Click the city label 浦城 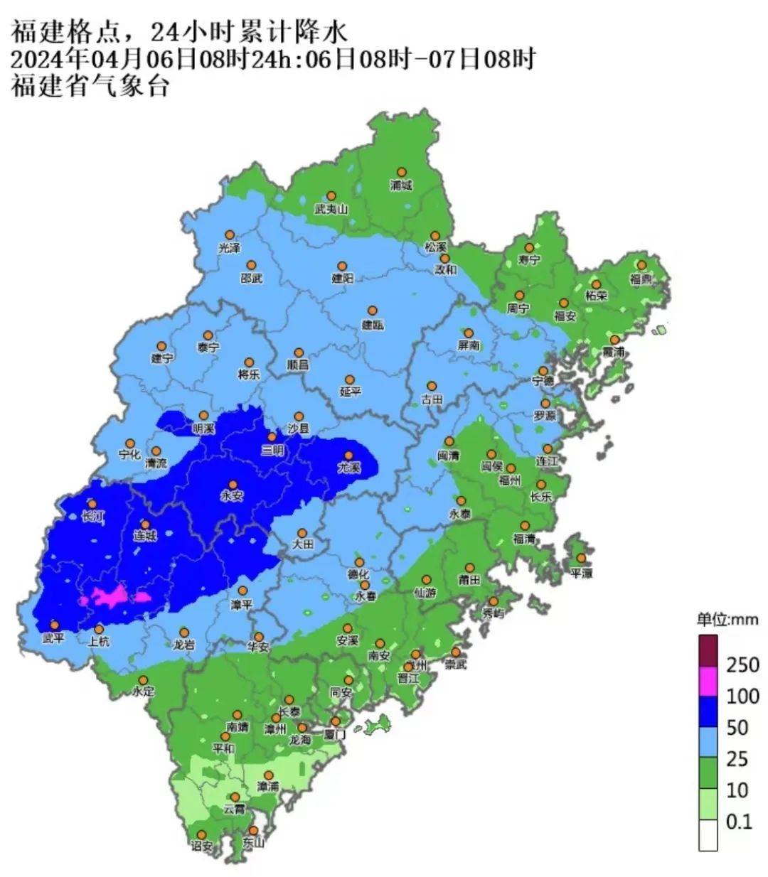tap(401, 185)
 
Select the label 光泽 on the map tap(229, 248)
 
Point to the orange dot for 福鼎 tap(641, 264)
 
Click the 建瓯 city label tap(372, 325)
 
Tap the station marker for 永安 tap(233, 484)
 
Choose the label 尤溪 tap(348, 469)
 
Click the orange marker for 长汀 tap(92, 504)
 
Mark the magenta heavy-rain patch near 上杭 tap(114, 596)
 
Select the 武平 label tap(53, 639)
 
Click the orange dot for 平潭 tap(581, 559)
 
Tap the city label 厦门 tap(334, 735)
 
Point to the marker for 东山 tap(253, 830)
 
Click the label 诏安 tap(201, 846)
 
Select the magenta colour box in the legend tap(708, 681)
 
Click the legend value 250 tap(742, 665)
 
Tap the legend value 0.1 tap(739, 822)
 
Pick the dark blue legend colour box tap(708, 712)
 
